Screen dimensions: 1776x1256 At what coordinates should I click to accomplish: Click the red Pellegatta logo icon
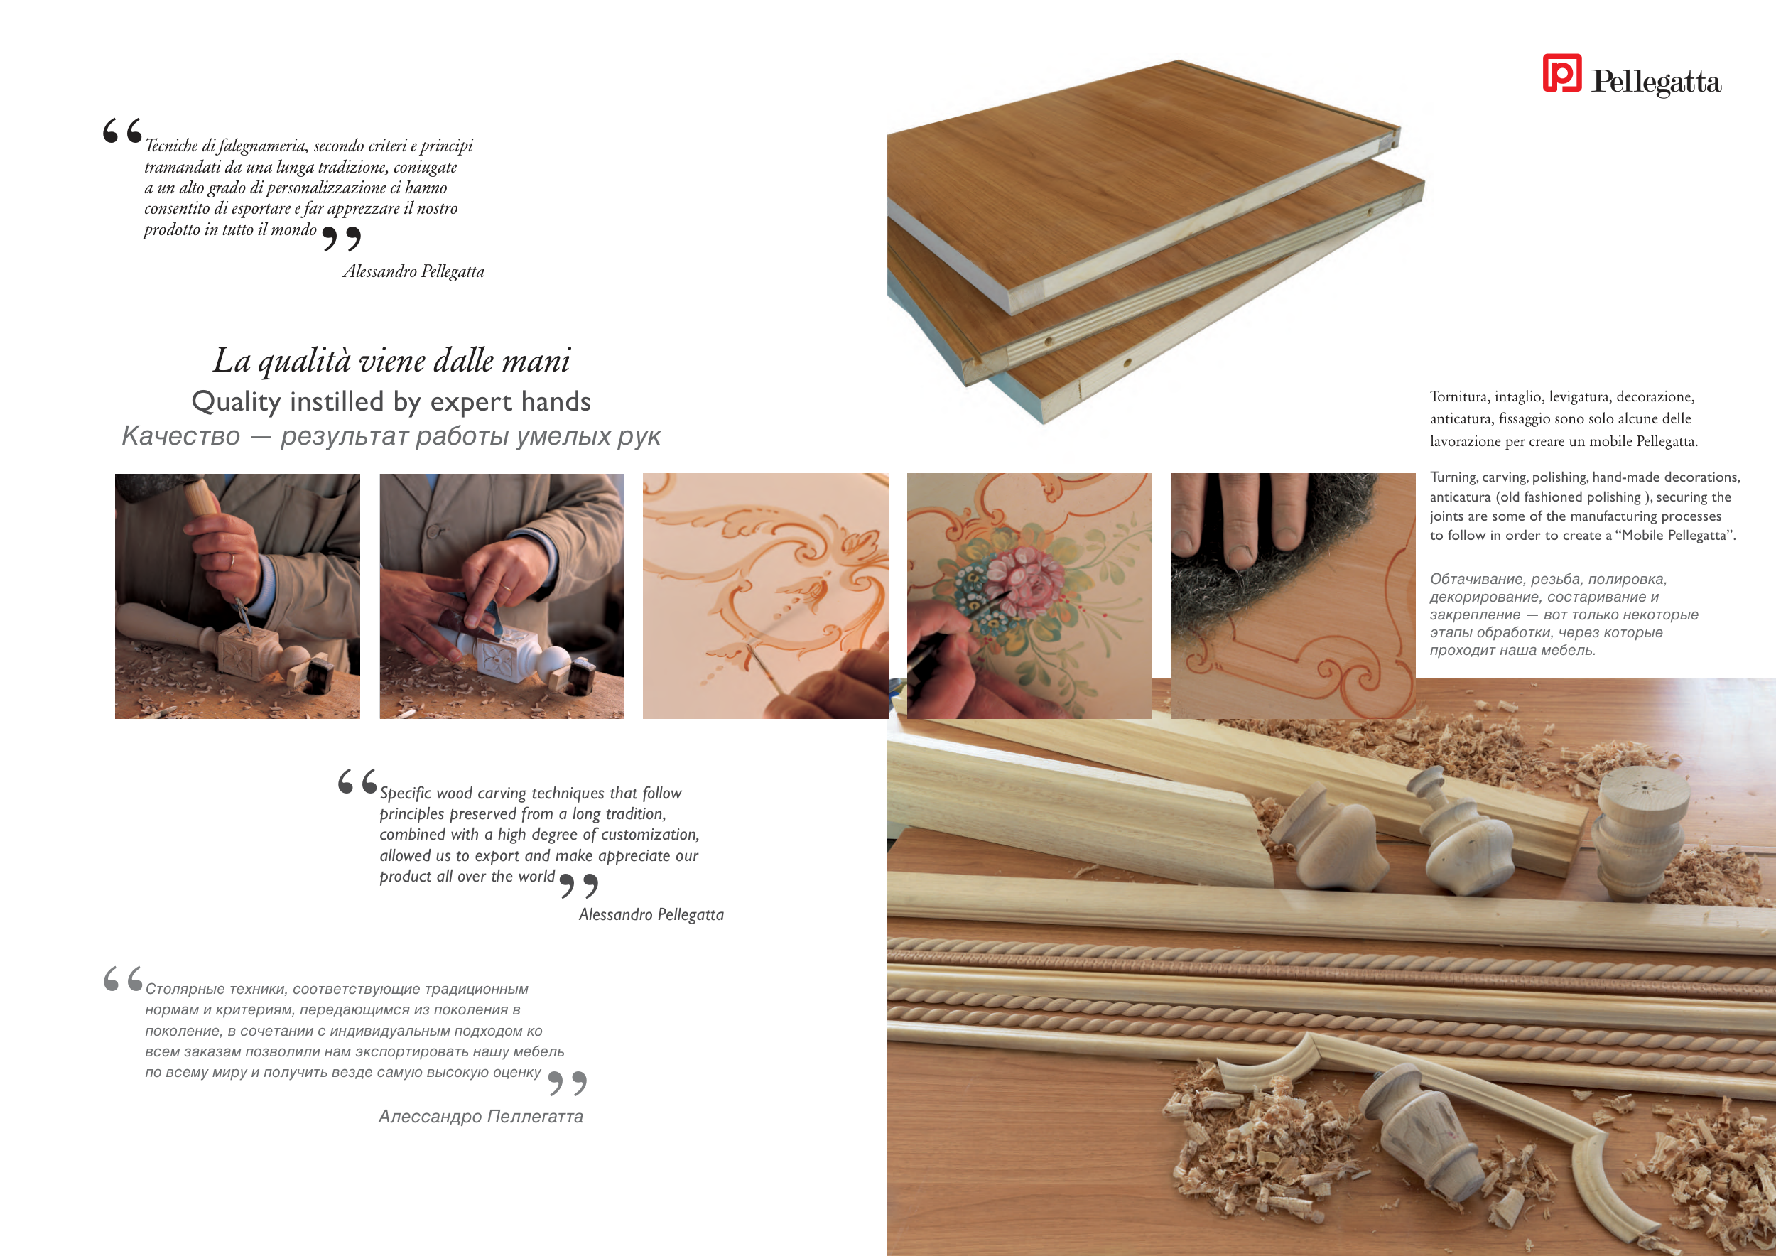[1561, 72]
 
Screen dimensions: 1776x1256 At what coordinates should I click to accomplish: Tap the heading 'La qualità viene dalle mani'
[391, 360]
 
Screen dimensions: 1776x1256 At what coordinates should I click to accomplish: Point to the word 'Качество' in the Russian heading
[181, 436]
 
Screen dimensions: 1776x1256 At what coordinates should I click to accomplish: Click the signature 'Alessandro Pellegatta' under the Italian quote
[414, 271]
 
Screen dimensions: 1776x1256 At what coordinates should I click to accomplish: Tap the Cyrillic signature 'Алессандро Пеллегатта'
[480, 1117]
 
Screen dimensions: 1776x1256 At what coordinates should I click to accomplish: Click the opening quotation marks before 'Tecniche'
[122, 131]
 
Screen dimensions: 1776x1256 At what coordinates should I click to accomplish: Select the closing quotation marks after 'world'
[578, 886]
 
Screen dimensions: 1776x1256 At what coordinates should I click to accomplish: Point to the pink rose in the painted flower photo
[1027, 576]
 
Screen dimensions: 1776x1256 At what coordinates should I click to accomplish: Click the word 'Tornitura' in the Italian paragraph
[1459, 396]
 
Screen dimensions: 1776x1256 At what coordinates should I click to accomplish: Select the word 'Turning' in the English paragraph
[1453, 477]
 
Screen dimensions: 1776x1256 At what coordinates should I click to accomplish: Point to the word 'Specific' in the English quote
[406, 794]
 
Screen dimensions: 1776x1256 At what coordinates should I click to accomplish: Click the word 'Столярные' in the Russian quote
[185, 989]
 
